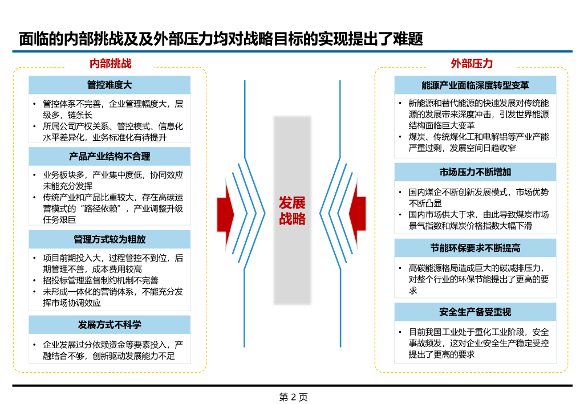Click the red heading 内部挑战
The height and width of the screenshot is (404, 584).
(x=110, y=64)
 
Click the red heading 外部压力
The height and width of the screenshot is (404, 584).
(x=471, y=64)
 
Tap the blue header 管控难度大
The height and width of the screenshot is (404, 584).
(x=109, y=85)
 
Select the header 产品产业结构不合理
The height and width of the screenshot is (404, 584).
(x=109, y=156)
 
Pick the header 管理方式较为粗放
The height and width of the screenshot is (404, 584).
(x=109, y=239)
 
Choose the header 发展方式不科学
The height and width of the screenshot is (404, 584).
(x=109, y=325)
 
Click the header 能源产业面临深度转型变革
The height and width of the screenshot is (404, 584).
(x=475, y=85)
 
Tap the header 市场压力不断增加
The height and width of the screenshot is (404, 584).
(x=475, y=172)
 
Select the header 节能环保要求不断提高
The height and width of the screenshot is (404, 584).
(x=475, y=248)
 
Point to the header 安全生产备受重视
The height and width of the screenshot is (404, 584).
(x=475, y=312)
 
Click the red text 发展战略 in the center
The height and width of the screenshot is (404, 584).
(x=292, y=211)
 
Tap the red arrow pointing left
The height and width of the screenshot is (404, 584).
(x=358, y=210)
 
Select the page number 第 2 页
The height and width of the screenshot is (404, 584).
(x=293, y=397)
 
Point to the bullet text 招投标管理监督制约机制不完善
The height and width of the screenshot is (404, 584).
(x=100, y=280)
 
